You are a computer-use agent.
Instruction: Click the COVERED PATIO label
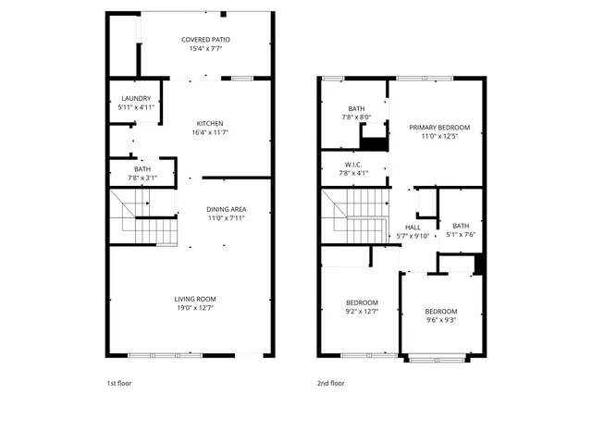point(205,40)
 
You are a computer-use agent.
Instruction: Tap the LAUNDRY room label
point(136,98)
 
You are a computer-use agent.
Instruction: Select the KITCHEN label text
point(209,123)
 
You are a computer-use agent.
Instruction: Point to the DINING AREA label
point(226,209)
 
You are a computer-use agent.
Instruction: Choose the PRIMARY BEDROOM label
point(440,127)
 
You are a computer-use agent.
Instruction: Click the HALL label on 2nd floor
point(413,227)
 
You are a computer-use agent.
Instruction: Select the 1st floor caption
point(118,382)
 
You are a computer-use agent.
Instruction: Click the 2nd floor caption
point(331,382)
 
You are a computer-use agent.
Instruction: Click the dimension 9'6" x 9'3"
point(441,320)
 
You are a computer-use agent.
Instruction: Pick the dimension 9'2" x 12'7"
point(362,312)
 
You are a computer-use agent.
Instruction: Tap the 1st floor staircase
point(143,217)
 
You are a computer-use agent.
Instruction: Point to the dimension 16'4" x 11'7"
point(209,132)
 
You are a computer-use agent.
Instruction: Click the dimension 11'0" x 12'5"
point(440,136)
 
